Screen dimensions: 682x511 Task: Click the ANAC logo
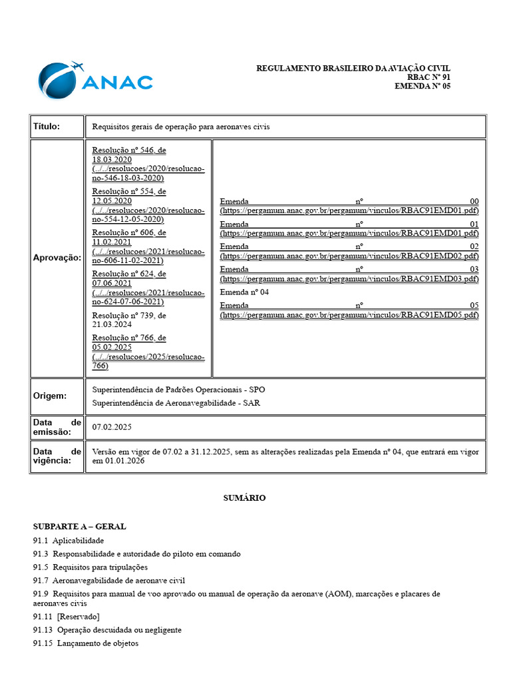(95, 81)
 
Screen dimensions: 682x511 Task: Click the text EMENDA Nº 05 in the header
(423, 86)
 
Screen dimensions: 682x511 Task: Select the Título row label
(47, 126)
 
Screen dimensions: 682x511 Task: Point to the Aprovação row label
(57, 258)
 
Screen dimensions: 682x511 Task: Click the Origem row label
(50, 396)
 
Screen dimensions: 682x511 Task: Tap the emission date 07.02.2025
(112, 427)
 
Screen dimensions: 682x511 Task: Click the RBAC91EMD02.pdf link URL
(349, 256)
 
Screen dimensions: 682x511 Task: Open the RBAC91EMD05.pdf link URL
(349, 315)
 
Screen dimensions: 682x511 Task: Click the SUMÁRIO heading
(244, 498)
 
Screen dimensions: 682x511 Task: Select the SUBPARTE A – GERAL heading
(79, 526)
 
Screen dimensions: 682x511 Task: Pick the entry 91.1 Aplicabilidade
(69, 540)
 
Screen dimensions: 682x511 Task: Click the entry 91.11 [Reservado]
(66, 617)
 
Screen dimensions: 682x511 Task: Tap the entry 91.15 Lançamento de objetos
(86, 643)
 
